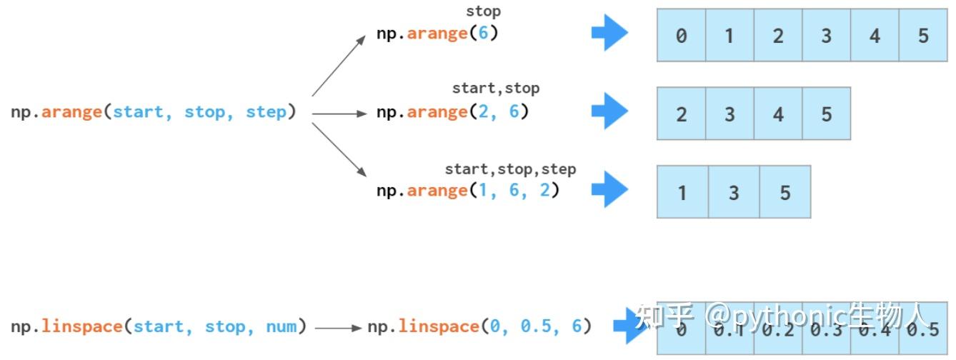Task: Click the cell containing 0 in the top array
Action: click(681, 35)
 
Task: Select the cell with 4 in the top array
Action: click(875, 35)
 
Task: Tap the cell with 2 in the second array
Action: click(681, 114)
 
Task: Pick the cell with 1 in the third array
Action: click(682, 192)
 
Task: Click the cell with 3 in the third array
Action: click(734, 192)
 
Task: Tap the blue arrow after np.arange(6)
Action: click(609, 33)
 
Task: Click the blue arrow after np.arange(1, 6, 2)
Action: click(609, 189)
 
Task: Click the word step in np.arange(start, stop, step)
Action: click(266, 112)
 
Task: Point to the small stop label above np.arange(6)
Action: click(483, 11)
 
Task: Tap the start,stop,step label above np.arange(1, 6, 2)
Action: click(510, 169)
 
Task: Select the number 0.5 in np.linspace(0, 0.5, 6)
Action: click(536, 326)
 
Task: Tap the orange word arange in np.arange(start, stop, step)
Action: click(71, 112)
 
